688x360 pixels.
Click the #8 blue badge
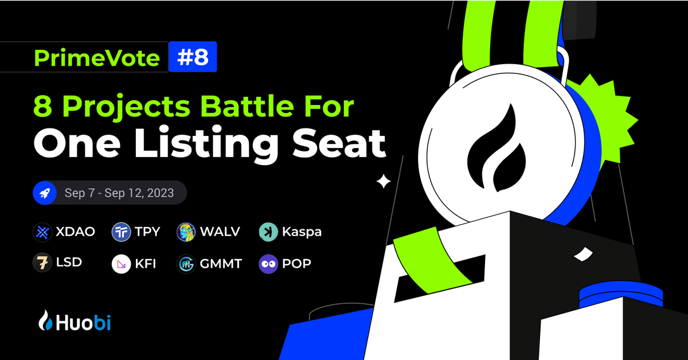point(193,58)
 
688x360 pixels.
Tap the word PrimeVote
point(97,58)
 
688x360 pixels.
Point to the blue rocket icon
point(44,194)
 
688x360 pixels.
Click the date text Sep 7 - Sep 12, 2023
point(119,194)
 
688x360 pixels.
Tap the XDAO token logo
point(44,232)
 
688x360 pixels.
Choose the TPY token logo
point(122,232)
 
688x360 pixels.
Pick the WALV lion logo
point(187,232)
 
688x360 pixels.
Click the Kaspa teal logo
point(268,232)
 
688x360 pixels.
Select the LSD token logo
point(44,263)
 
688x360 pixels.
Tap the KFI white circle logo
point(122,264)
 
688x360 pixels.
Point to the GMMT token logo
point(187,264)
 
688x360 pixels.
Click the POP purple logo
point(268,264)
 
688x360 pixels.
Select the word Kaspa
point(302,232)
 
